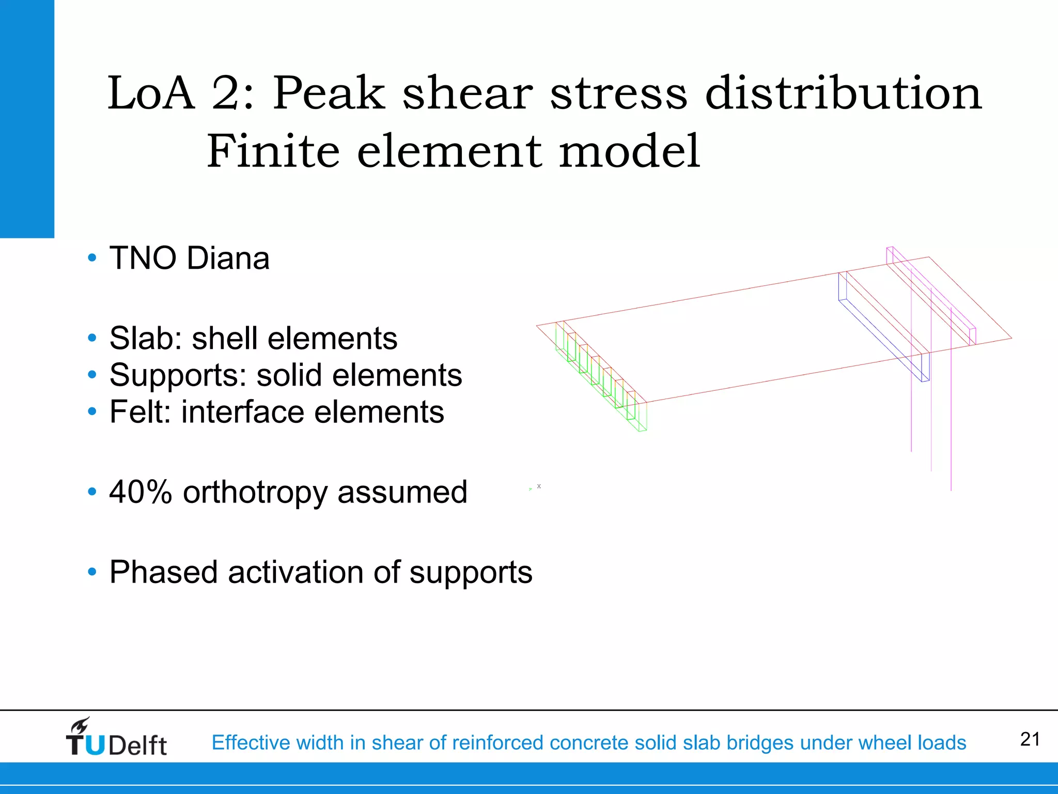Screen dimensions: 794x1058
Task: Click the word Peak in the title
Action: pos(329,93)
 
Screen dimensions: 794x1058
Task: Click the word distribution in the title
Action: pos(843,93)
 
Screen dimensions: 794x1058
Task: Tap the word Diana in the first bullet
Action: pos(228,258)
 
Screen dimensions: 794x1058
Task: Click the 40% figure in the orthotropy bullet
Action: pos(140,492)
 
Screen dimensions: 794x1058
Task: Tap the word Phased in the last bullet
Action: pos(163,572)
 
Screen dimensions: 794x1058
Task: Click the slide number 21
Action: pos(1030,739)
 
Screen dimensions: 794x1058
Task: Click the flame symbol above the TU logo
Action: pos(81,725)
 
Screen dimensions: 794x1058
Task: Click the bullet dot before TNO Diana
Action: pos(92,258)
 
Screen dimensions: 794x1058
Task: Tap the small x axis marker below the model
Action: pos(539,486)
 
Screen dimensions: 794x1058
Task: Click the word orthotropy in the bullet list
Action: pos(255,492)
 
